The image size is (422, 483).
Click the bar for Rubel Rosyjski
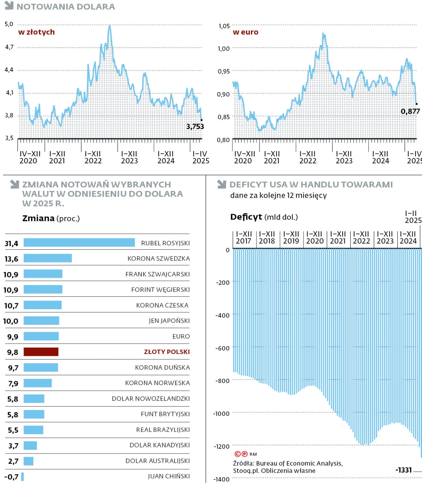click(x=79, y=242)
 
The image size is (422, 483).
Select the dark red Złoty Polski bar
click(x=41, y=352)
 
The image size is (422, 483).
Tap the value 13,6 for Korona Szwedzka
click(x=11, y=259)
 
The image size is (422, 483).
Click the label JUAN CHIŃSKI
click(x=169, y=476)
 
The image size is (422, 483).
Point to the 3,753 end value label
click(x=195, y=127)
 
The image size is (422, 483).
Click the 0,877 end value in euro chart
click(x=410, y=112)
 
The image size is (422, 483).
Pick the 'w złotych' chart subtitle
click(x=36, y=32)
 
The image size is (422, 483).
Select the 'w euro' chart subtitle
click(x=245, y=32)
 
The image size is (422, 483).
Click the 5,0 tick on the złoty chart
click(x=9, y=24)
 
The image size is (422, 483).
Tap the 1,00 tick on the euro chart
click(x=224, y=49)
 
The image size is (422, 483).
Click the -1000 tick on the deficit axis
click(x=221, y=414)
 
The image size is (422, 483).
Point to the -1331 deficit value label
click(x=404, y=470)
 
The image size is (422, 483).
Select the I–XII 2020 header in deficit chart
click(x=315, y=238)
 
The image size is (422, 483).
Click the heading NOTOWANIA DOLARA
click(x=66, y=7)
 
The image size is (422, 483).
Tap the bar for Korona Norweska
click(x=38, y=383)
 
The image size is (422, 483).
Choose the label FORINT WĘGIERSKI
click(x=160, y=290)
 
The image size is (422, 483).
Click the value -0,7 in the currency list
click(x=11, y=477)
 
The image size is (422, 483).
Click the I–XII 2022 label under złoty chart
click(x=93, y=157)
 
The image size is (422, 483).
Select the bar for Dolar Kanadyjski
click(x=30, y=445)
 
